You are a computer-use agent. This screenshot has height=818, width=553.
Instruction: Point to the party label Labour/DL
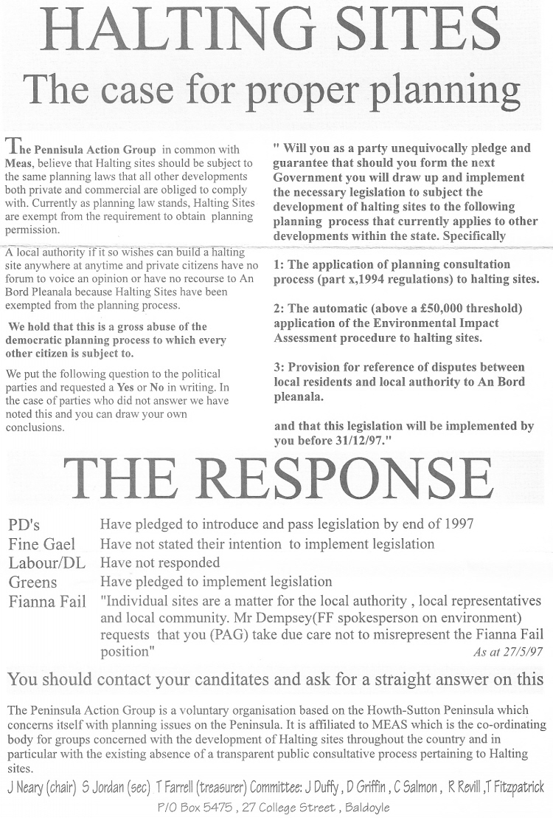pyautogui.click(x=46, y=563)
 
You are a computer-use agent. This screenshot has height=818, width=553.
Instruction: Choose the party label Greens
pyautogui.click(x=32, y=582)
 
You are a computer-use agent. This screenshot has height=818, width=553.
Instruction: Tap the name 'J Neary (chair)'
pyautogui.click(x=42, y=787)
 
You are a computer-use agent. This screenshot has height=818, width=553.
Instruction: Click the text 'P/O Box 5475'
pyautogui.click(x=192, y=807)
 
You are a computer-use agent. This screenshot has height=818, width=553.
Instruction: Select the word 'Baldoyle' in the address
pyautogui.click(x=364, y=807)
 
